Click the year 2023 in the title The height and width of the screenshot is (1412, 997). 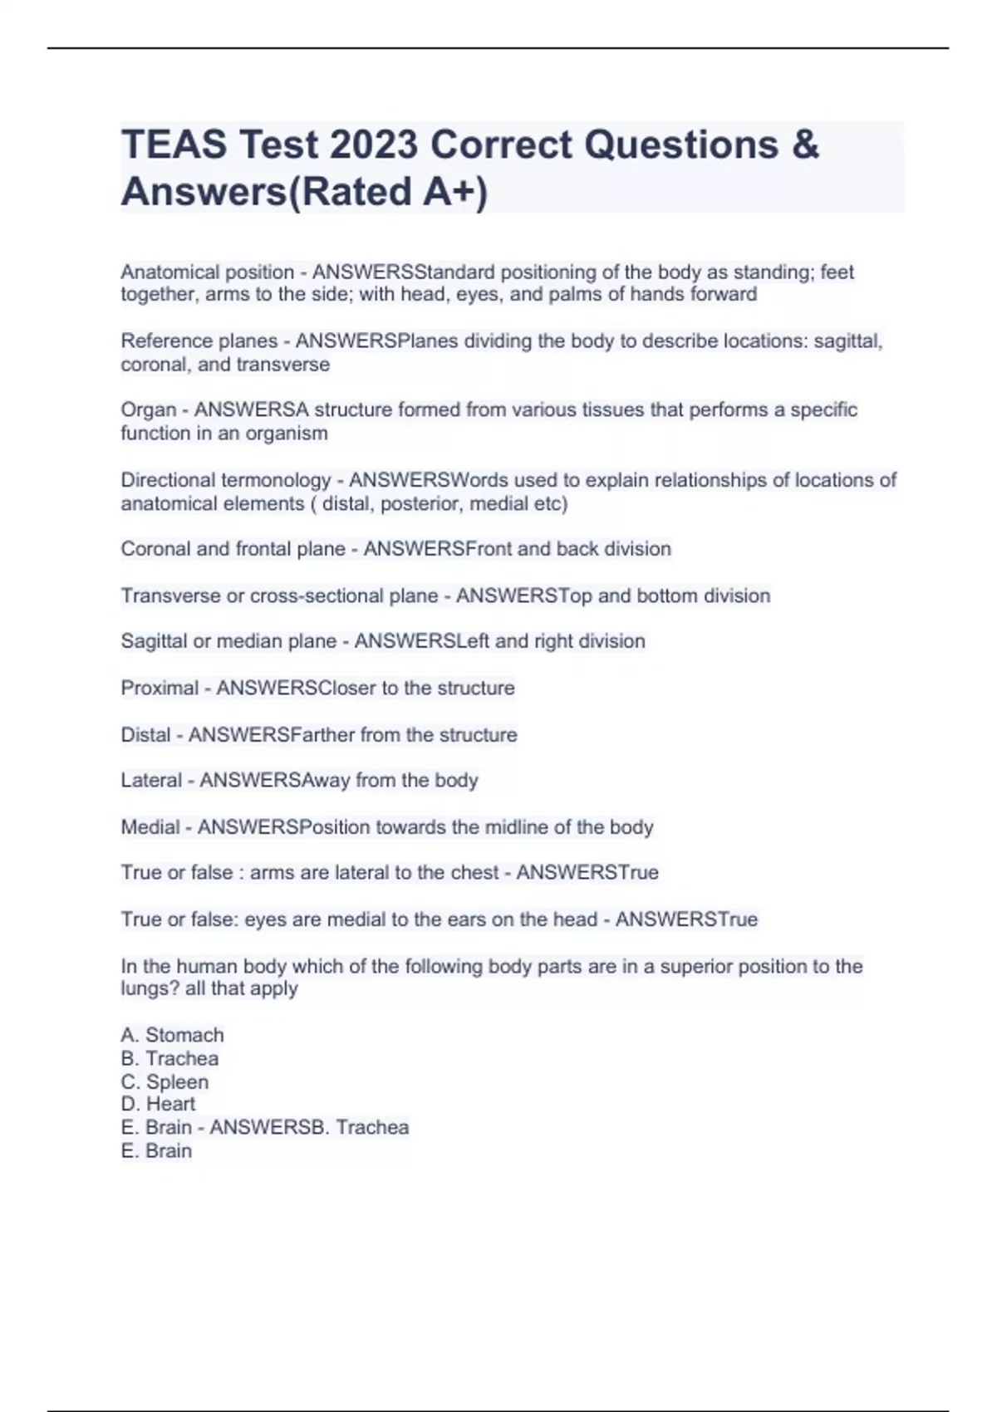[373, 145]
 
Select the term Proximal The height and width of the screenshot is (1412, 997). [160, 688]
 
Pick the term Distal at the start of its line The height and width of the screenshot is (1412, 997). [145, 734]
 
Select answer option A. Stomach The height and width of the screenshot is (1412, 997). [173, 1035]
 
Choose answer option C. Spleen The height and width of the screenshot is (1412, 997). [165, 1081]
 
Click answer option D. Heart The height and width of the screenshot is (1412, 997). [159, 1104]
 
